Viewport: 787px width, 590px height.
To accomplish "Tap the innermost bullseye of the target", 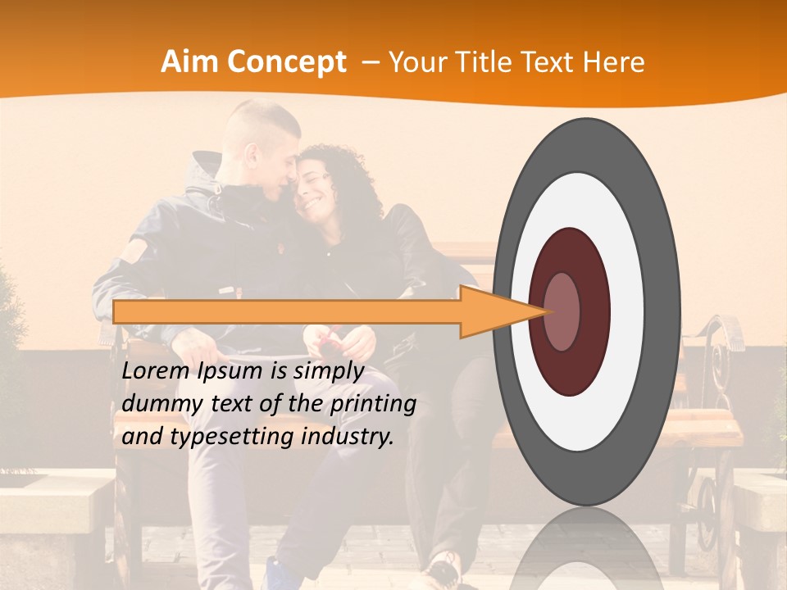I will point(562,312).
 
